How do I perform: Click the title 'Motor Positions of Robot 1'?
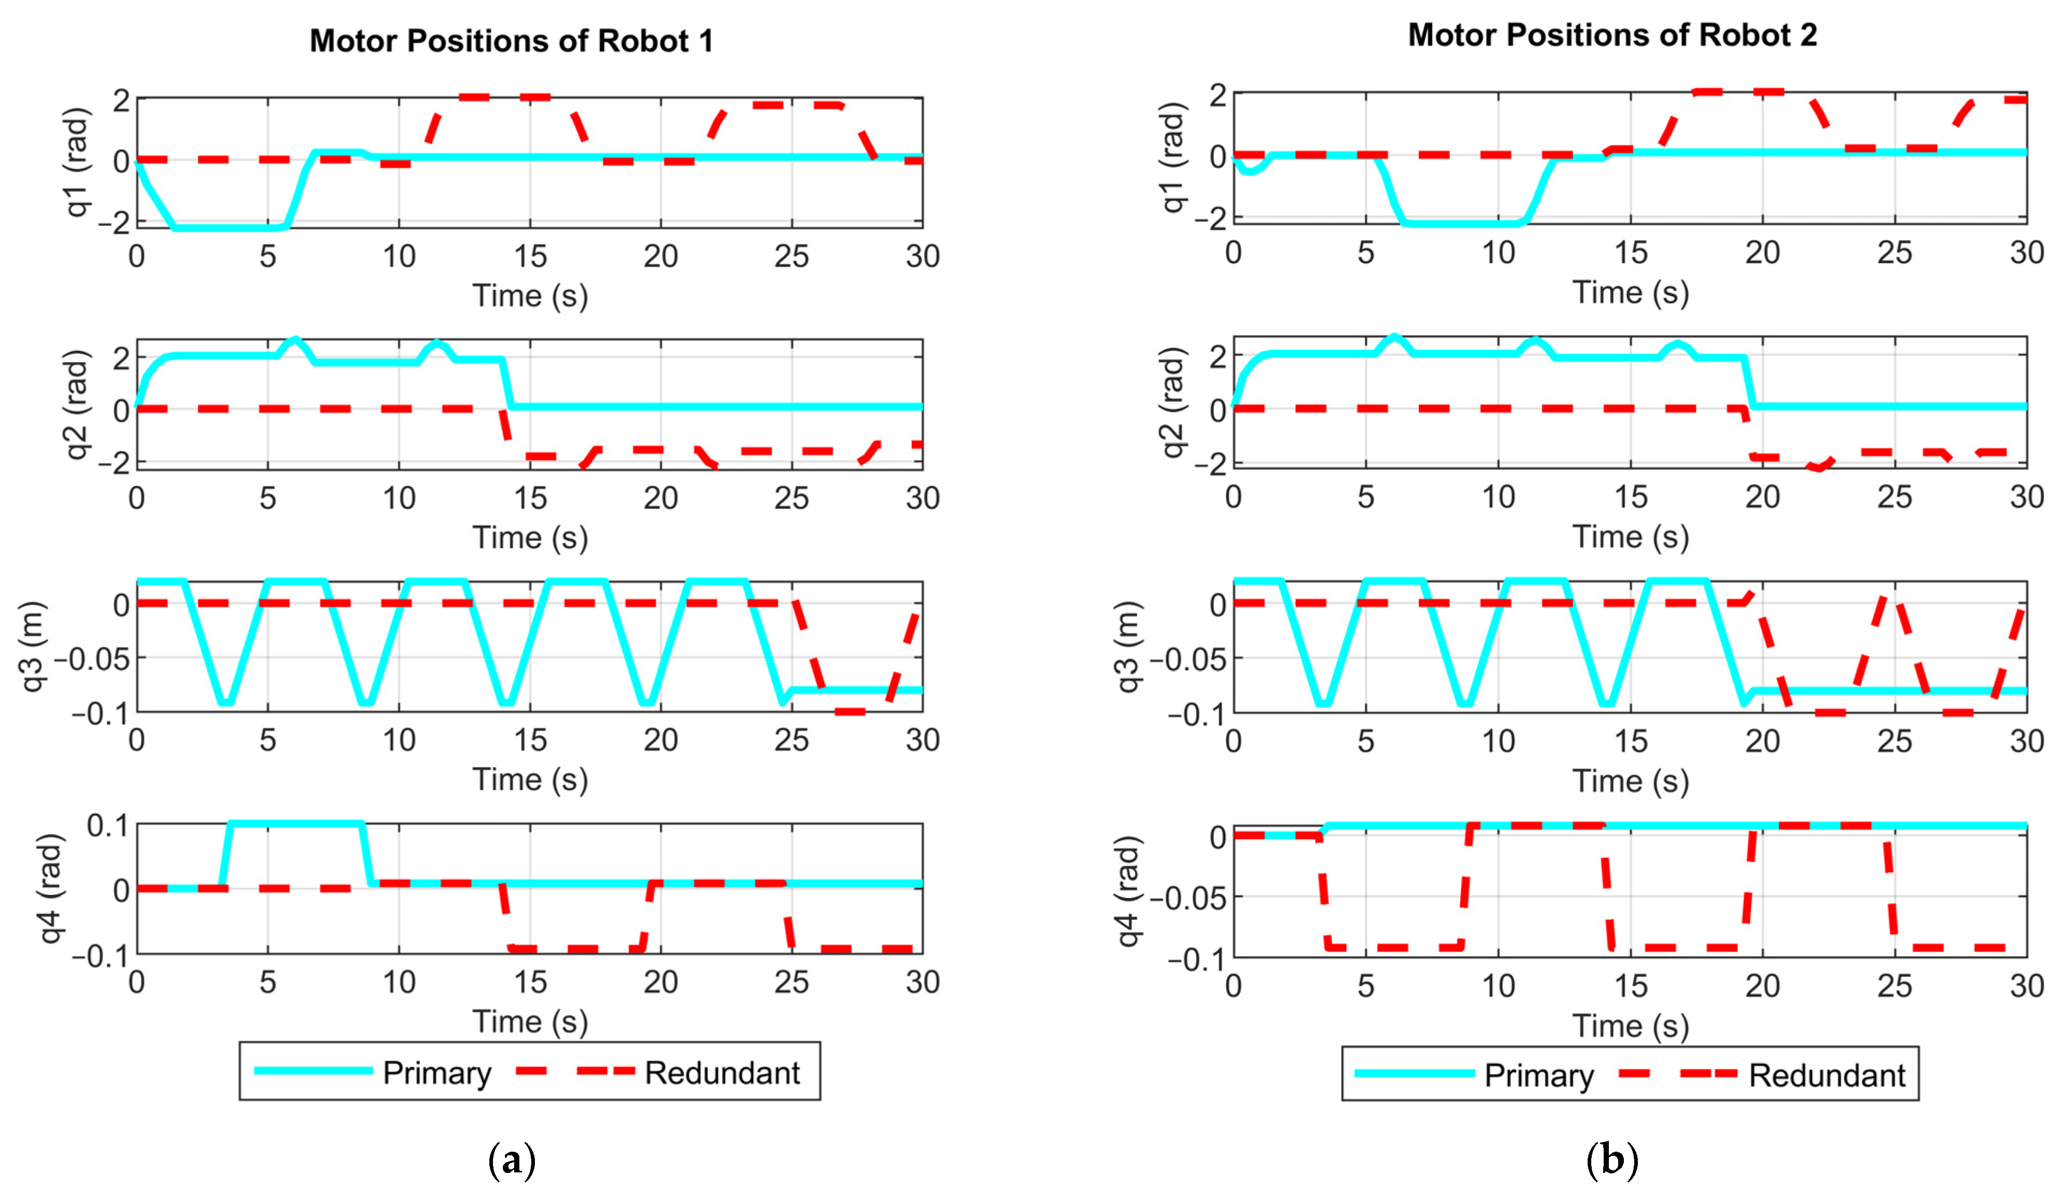[x=511, y=41]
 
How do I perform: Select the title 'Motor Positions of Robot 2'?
[x=1612, y=35]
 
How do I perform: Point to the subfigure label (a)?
[x=512, y=1160]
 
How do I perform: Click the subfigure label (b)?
[x=1612, y=1160]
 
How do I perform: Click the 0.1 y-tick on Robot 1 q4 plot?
[x=108, y=826]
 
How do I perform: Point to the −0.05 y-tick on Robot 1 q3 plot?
[x=96, y=658]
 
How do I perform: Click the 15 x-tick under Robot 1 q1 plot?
[x=530, y=257]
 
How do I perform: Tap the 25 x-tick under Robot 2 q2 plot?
[x=1894, y=497]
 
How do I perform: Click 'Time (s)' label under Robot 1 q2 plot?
[x=530, y=538]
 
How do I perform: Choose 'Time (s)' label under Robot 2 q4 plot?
[x=1630, y=1026]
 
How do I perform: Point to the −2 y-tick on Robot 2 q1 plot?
[x=1209, y=219]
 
